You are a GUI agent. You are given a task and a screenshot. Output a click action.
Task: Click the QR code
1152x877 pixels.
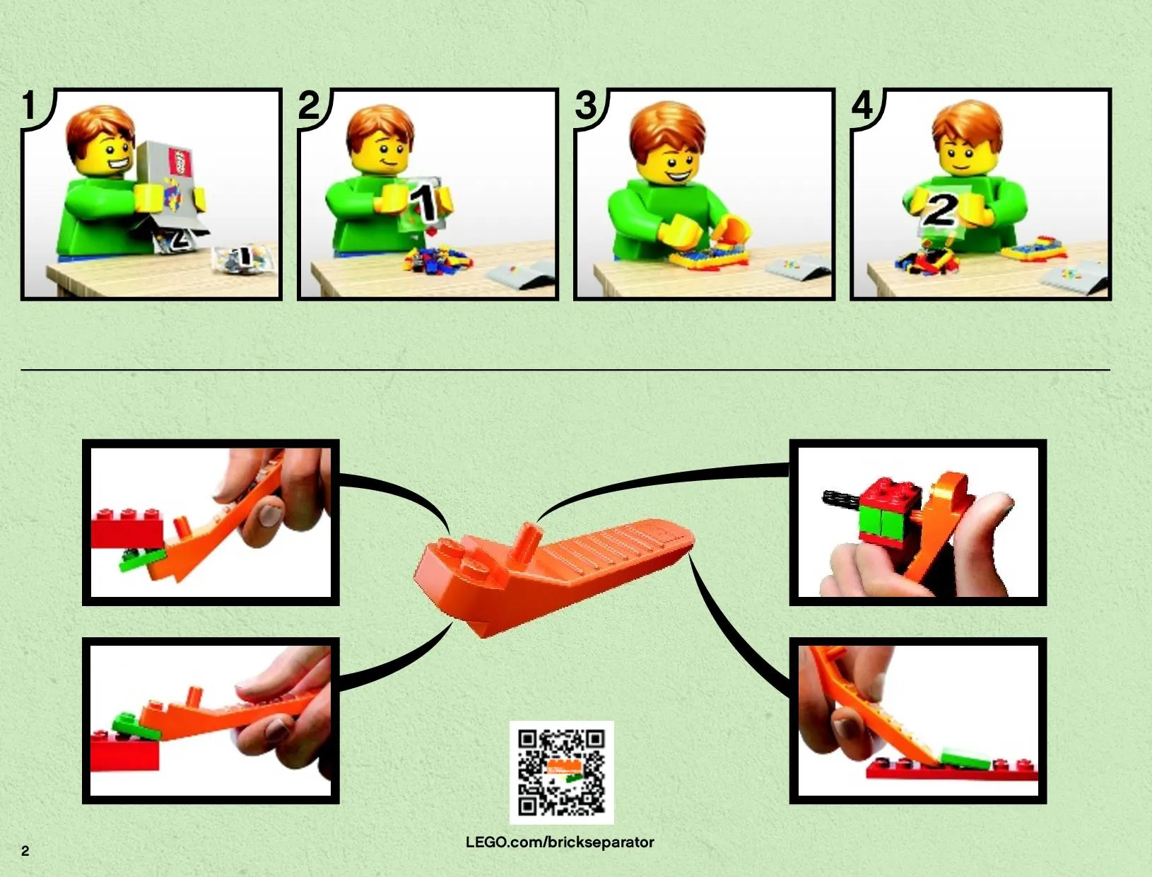coord(561,772)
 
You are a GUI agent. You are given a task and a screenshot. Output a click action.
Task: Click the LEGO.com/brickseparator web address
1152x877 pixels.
coord(560,842)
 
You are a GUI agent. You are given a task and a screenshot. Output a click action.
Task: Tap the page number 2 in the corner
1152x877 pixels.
coord(25,852)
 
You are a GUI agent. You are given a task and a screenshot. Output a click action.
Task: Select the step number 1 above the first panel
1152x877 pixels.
coord(30,105)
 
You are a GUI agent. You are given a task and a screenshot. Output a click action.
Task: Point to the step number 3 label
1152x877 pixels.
coord(586,105)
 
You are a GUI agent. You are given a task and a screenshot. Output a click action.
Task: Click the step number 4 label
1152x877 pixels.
coord(862,105)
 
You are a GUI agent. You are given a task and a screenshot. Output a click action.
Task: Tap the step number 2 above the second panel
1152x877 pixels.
coord(309,105)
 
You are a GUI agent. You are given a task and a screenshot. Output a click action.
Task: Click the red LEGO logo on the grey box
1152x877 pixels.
coord(179,161)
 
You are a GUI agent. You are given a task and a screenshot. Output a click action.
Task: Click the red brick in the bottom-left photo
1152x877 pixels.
coord(124,752)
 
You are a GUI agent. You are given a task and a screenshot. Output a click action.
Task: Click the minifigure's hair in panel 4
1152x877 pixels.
coord(968,126)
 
